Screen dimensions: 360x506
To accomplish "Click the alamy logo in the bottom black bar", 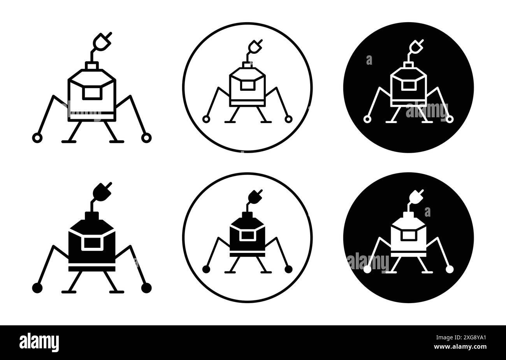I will (39, 342).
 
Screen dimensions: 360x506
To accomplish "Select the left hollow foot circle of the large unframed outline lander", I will (37, 138).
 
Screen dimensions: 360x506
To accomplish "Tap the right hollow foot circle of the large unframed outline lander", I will (146, 138).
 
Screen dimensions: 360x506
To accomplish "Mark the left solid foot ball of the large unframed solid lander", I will (37, 288).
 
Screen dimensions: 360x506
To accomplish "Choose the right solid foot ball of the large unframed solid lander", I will (146, 288).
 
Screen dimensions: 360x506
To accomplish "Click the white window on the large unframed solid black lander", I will (92, 243).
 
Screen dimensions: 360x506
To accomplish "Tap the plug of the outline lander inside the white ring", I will (255, 47).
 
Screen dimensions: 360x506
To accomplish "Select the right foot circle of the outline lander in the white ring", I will (288, 119).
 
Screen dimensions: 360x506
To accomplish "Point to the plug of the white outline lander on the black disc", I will (416, 47).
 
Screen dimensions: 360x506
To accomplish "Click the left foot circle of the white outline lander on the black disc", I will (367, 119).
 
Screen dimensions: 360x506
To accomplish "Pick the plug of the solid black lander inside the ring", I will (255, 196).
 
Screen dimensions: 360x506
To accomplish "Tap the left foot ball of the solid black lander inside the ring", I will (206, 269).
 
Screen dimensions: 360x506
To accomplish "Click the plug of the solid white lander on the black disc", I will (416, 196).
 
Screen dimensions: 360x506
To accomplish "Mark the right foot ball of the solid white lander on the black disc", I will (450, 269).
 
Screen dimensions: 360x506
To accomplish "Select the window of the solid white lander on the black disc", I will (408, 235).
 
